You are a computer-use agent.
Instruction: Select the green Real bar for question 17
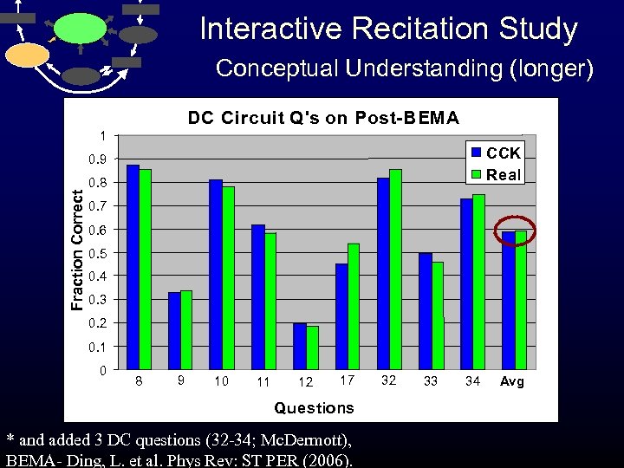tap(353, 307)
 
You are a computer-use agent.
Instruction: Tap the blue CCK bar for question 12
tap(300, 347)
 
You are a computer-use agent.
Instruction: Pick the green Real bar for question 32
tap(395, 270)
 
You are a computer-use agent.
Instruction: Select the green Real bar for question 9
tap(186, 330)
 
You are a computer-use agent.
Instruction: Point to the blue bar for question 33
tap(425, 312)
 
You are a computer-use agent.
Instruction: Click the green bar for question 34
tap(479, 282)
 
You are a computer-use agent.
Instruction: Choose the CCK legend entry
tap(495, 153)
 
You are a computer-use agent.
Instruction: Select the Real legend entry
tap(495, 174)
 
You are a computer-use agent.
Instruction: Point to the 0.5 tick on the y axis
tap(101, 253)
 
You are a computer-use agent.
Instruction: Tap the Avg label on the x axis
tap(513, 382)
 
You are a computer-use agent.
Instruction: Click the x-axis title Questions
tap(314, 407)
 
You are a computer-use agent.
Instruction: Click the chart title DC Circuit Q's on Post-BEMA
tap(323, 118)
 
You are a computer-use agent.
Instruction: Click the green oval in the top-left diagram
tap(81, 28)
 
